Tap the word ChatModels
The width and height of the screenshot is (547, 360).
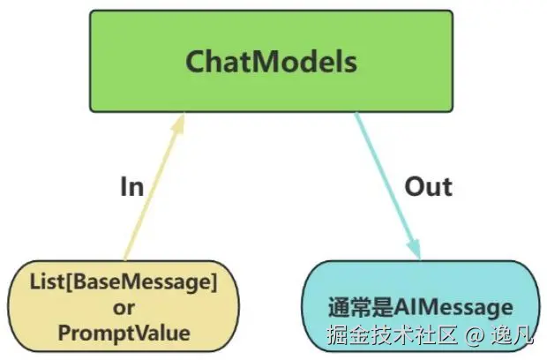coord(271,62)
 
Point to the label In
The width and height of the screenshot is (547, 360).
coord(131,187)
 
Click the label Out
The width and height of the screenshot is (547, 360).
coord(428,187)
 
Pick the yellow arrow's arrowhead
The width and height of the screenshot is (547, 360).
coord(179,124)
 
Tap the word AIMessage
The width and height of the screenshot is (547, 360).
coord(453,308)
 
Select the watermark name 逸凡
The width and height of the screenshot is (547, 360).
coord(513,335)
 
